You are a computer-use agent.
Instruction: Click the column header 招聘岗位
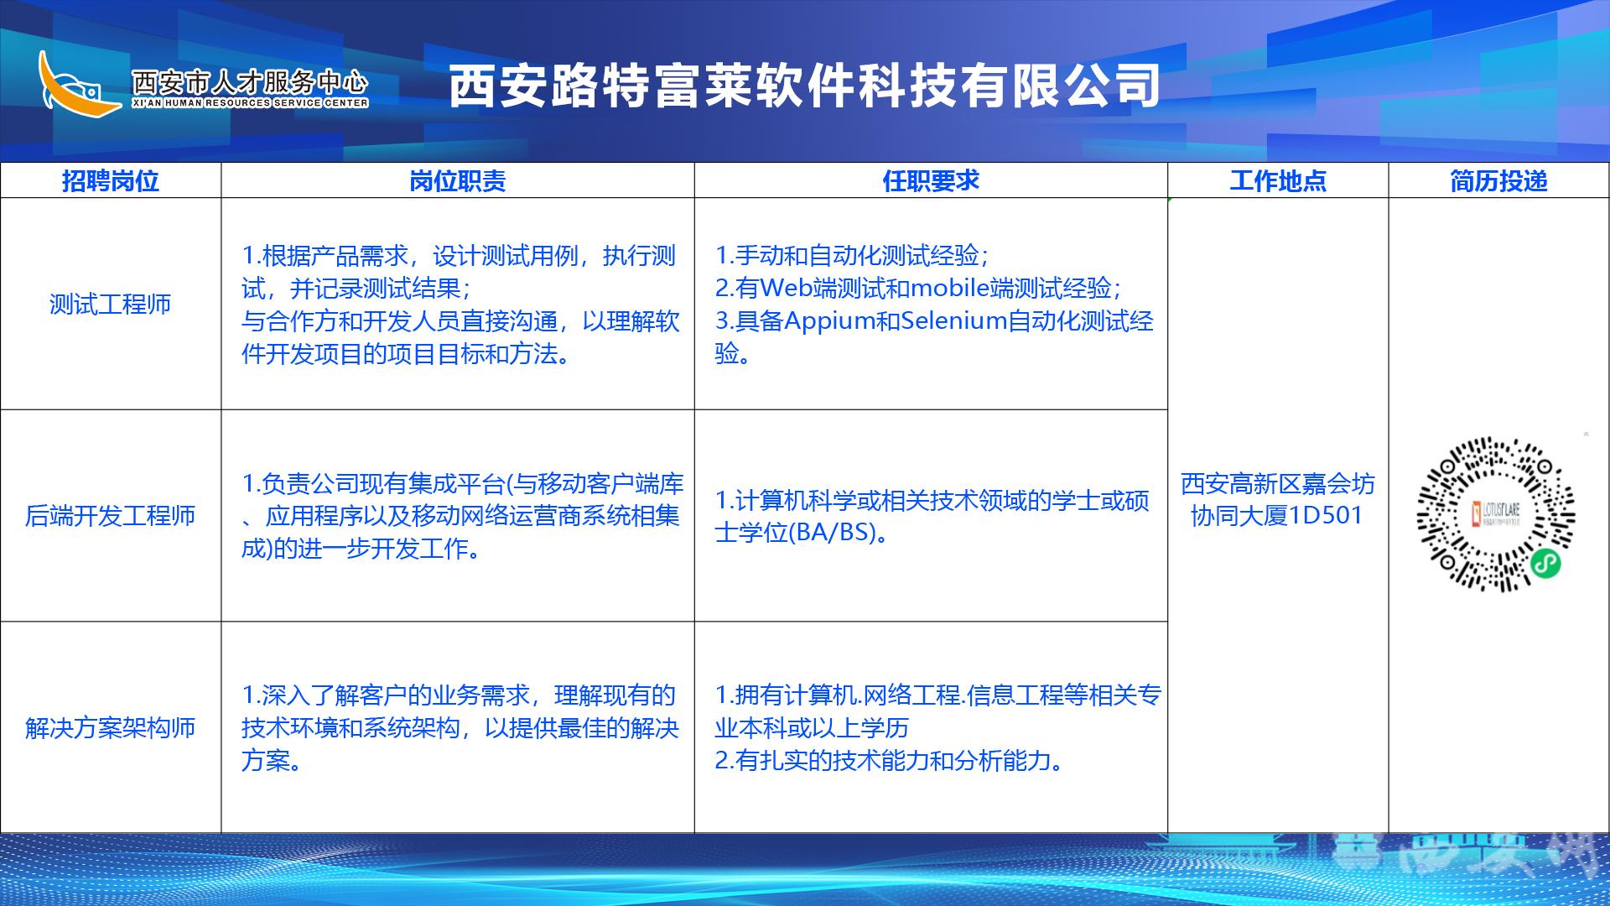tap(110, 181)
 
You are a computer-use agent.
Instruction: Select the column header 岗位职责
tap(458, 181)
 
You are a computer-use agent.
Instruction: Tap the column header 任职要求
tap(931, 181)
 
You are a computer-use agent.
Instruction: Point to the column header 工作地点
tap(1278, 181)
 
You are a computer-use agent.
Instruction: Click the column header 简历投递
tap(1498, 181)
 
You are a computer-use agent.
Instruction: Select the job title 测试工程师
tap(110, 304)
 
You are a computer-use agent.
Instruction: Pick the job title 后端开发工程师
tap(110, 515)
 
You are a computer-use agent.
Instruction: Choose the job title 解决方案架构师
tap(110, 727)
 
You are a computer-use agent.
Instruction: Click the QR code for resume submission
tap(1496, 514)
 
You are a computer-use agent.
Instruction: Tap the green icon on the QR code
tap(1545, 564)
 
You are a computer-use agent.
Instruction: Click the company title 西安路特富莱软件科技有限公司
tap(805, 86)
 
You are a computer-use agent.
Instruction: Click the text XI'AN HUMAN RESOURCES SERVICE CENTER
tap(250, 103)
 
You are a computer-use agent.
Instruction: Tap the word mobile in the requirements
tap(949, 288)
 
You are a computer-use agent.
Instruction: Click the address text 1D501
tap(1326, 515)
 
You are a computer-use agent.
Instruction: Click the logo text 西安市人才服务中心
tap(250, 81)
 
